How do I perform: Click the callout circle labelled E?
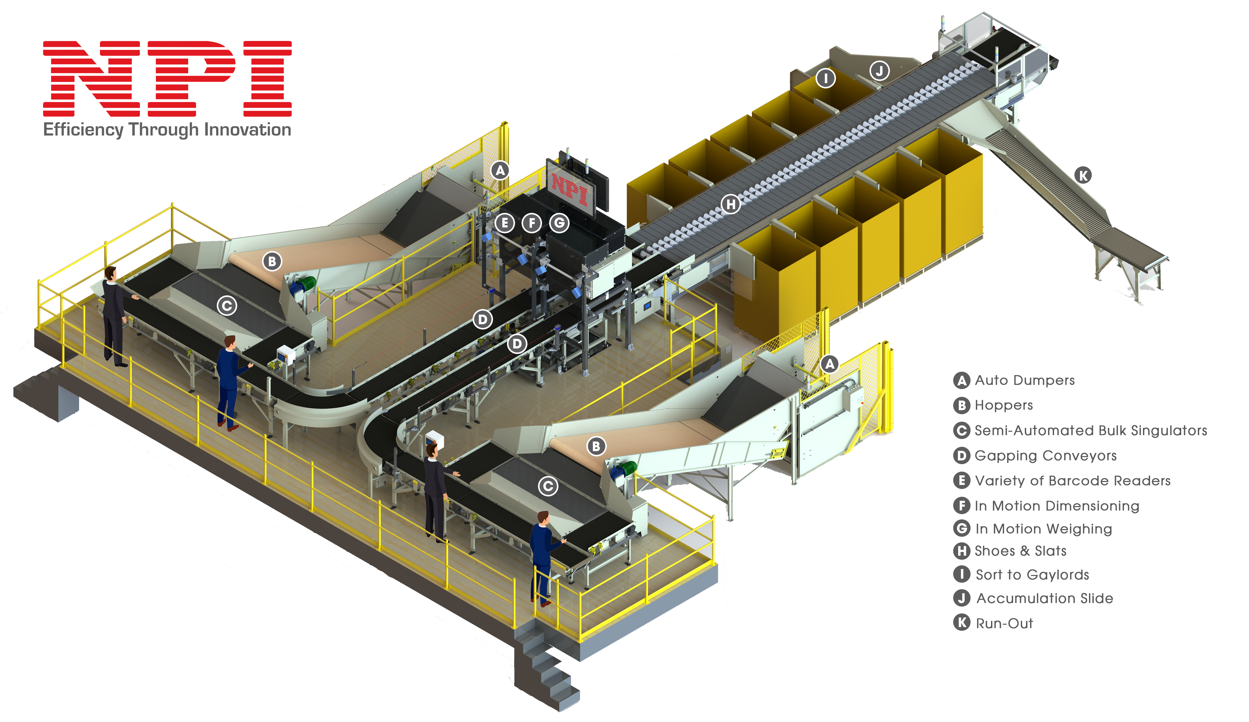coord(505,223)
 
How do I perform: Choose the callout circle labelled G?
coord(559,223)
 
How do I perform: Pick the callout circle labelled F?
coord(532,223)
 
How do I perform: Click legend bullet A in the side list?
coord(962,381)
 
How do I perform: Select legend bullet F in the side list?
coord(962,505)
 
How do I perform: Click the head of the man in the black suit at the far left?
coord(110,273)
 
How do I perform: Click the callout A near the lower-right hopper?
coord(830,364)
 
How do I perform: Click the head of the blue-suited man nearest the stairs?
coord(543,519)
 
